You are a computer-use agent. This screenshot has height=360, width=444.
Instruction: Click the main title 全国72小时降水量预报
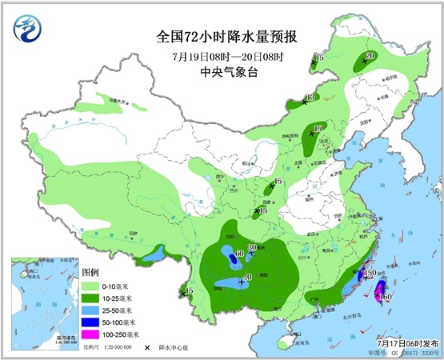[222, 37]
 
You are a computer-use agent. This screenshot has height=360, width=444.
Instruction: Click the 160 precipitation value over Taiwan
[386, 297]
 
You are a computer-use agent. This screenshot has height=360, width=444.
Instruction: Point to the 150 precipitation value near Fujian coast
[370, 274]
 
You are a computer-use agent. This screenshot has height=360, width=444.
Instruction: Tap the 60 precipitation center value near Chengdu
[238, 254]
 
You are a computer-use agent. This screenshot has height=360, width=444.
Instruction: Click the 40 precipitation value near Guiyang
[247, 277]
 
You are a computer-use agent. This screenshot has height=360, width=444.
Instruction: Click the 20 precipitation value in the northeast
[370, 56]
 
